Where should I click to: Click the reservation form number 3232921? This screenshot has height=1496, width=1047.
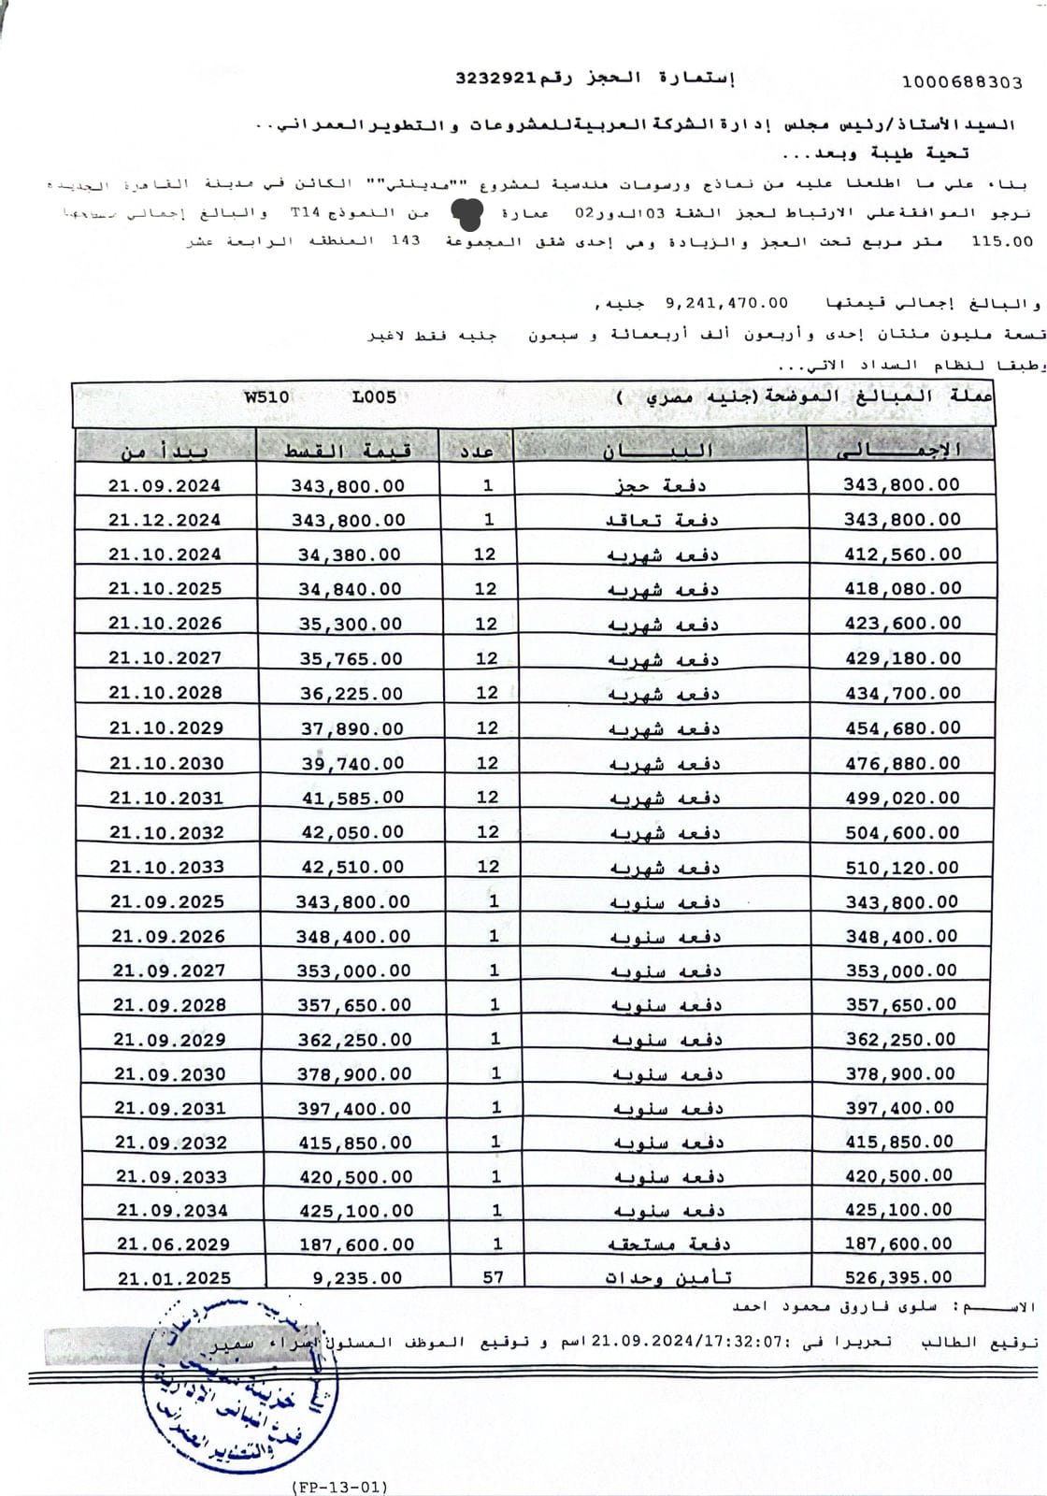pyautogui.click(x=494, y=79)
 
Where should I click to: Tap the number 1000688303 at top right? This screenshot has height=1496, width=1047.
pyautogui.click(x=962, y=82)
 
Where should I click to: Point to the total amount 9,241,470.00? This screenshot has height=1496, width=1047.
pyautogui.click(x=725, y=304)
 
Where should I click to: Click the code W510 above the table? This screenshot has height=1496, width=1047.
pyautogui.click(x=266, y=396)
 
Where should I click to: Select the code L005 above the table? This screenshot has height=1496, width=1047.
pyautogui.click(x=374, y=396)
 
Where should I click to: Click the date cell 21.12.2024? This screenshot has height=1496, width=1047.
pyautogui.click(x=165, y=520)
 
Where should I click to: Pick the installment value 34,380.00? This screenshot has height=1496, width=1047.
pyautogui.click(x=350, y=554)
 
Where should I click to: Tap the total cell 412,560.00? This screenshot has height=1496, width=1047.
pyautogui.click(x=902, y=554)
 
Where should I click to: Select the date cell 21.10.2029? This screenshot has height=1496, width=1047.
pyautogui.click(x=165, y=728)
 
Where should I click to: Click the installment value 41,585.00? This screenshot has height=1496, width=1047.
pyautogui.click(x=352, y=798)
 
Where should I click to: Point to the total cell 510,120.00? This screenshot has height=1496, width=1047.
pyautogui.click(x=902, y=868)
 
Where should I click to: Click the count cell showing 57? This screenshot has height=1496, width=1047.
pyautogui.click(x=494, y=1277)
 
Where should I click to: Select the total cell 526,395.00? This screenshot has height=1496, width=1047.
pyautogui.click(x=898, y=1277)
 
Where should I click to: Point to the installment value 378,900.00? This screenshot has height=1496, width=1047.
pyautogui.click(x=354, y=1073)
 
